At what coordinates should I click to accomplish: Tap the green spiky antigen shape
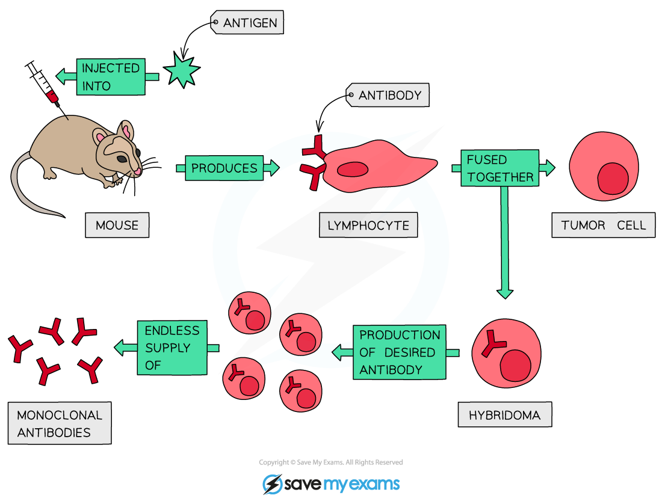point(181,70)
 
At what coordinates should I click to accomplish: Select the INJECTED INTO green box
point(111,76)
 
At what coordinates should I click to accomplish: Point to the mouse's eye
point(122,159)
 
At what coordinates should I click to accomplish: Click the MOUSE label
point(117,226)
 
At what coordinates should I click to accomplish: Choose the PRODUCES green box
point(224,168)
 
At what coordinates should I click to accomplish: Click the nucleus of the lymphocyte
point(352,170)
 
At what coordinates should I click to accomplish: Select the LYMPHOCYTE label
point(368,226)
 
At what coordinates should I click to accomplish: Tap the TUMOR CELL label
point(603,226)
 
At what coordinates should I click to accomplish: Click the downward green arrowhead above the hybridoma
point(505,293)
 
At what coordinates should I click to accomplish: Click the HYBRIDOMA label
point(504,415)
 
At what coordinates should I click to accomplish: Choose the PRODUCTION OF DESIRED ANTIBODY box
point(400,352)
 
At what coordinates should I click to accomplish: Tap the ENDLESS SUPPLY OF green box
point(172,348)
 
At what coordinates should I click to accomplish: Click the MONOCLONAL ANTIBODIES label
point(60,423)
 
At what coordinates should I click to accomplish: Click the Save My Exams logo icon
point(273,484)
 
